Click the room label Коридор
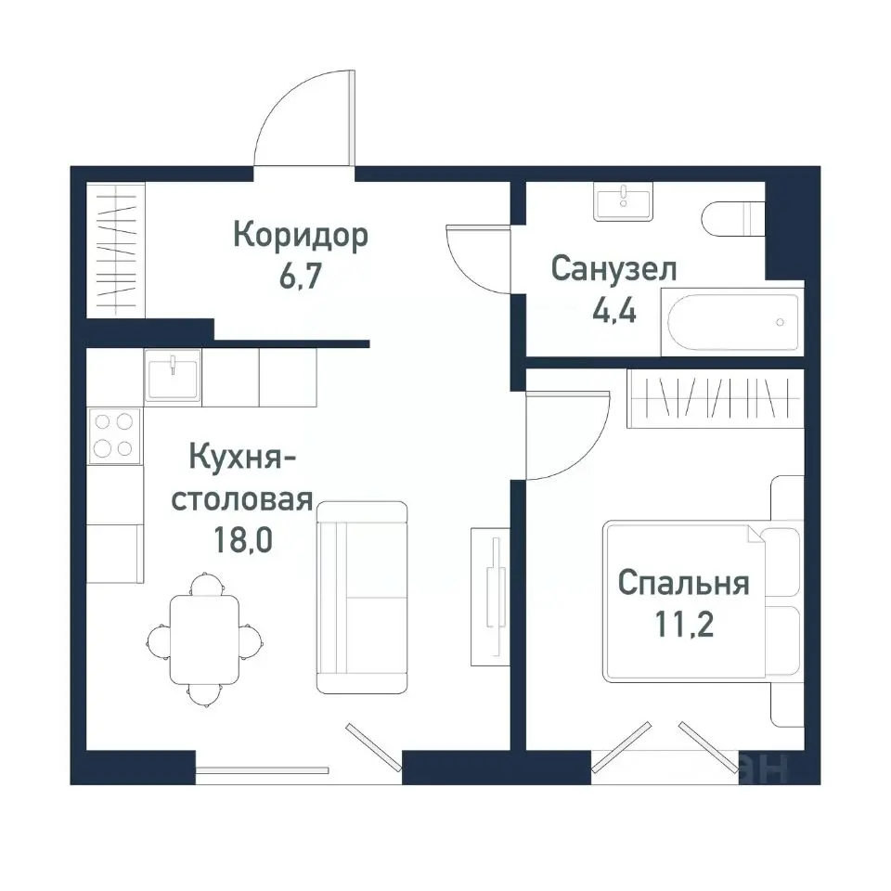pyautogui.click(x=300, y=236)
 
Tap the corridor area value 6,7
pyautogui.click(x=300, y=278)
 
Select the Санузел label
pyautogui.click(x=613, y=269)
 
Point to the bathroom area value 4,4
pyautogui.click(x=613, y=311)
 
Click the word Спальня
pyautogui.click(x=682, y=584)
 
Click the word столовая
pyautogui.click(x=241, y=501)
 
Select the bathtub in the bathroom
pyautogui.click(x=731, y=322)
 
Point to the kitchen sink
pyautogui.click(x=173, y=375)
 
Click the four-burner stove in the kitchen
pyautogui.click(x=114, y=435)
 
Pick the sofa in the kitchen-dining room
pyautogui.click(x=362, y=597)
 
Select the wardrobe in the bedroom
pyautogui.click(x=716, y=399)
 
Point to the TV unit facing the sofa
pyautogui.click(x=489, y=594)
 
